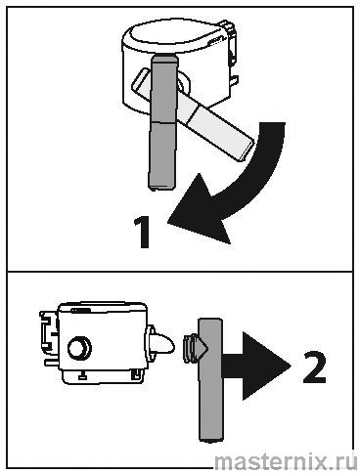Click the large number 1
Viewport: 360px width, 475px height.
pos(142,233)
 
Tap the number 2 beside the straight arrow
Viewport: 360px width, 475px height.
pos(314,367)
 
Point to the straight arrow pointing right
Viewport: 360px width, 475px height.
pos(255,367)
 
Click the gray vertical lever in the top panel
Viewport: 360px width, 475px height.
pos(163,122)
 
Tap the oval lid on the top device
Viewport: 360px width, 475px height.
pos(174,35)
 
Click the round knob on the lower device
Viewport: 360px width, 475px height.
pos(79,347)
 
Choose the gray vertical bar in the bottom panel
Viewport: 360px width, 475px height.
pos(210,379)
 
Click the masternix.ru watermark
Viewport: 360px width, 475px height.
pos(286,462)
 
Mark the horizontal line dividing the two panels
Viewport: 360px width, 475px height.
pos(180,271)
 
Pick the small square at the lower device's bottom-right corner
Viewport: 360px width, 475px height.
pos(135,374)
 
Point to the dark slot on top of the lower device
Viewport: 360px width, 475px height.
pos(81,310)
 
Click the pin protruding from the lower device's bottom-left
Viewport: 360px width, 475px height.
pos(52,363)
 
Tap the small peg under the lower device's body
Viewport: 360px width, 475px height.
pos(82,376)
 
